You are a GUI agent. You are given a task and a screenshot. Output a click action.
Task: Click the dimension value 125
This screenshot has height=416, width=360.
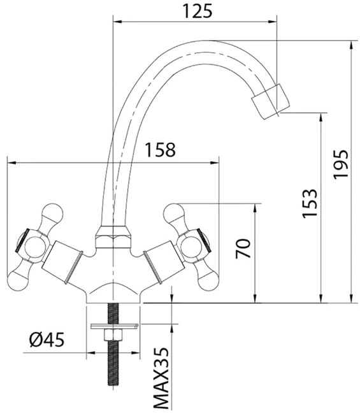pyautogui.click(x=198, y=11)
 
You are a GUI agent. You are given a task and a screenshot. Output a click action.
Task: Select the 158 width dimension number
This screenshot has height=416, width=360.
pyautogui.click(x=160, y=150)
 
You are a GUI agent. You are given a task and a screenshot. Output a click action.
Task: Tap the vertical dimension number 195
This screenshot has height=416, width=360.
pyautogui.click(x=341, y=165)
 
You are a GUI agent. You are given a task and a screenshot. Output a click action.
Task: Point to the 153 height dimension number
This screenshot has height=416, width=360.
pyautogui.click(x=310, y=203)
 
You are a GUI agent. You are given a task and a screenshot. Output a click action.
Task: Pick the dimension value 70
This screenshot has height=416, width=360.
pyautogui.click(x=243, y=248)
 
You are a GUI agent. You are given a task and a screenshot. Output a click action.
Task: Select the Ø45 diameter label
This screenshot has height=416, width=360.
pyautogui.click(x=47, y=340)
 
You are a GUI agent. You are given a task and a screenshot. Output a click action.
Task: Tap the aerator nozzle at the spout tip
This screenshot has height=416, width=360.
pyautogui.click(x=271, y=101)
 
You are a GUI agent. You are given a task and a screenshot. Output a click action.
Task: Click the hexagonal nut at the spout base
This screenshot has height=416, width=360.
pyautogui.click(x=113, y=237)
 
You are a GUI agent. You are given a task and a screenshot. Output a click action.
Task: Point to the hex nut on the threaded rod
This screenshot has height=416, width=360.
pyautogui.click(x=113, y=335)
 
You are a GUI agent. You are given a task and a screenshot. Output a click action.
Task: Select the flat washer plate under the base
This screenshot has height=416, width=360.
pyautogui.click(x=114, y=326)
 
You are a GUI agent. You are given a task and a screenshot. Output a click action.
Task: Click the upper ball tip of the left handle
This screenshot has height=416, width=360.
pyautogui.click(x=53, y=213)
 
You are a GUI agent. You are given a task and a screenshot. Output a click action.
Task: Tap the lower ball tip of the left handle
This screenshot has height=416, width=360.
pyautogui.click(x=17, y=281)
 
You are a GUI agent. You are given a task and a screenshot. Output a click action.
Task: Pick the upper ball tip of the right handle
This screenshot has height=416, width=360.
pyautogui.click(x=174, y=213)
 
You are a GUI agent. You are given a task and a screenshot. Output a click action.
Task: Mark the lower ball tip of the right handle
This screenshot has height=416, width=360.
pyautogui.click(x=209, y=281)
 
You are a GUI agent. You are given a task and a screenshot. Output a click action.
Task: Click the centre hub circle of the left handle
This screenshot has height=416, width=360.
pyautogui.click(x=34, y=247)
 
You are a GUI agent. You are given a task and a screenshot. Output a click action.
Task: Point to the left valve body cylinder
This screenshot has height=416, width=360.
pyautogui.click(x=62, y=262)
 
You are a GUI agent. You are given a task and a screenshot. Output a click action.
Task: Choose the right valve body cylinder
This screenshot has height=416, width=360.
pyautogui.click(x=164, y=262)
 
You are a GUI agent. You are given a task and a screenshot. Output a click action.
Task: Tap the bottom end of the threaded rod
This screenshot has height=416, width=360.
pyautogui.click(x=113, y=388)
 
